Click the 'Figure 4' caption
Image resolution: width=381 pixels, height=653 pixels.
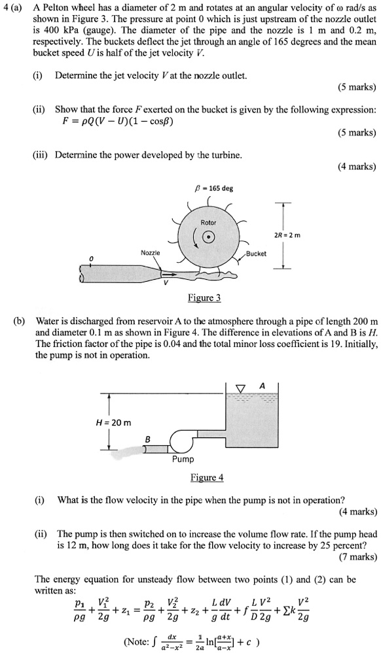coord(207,477)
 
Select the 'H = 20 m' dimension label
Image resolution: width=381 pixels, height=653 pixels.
coord(114,422)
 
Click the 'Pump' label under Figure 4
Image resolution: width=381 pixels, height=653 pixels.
coord(183,460)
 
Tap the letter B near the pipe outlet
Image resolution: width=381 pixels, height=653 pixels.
coord(149,440)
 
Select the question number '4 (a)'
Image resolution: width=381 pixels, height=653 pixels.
coord(14,7)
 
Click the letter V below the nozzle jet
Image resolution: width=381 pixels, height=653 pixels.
coord(166,283)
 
